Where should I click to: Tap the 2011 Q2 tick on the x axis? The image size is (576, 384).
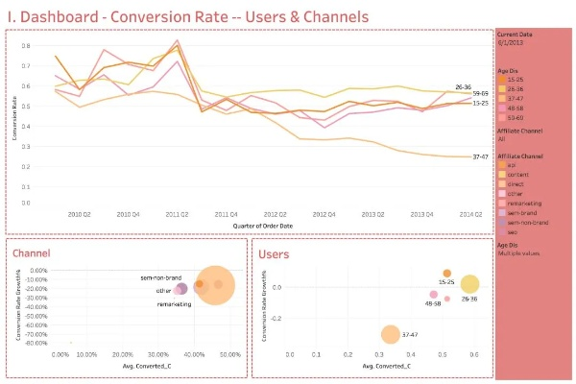tap(177, 214)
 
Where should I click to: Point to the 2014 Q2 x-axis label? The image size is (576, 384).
tap(470, 214)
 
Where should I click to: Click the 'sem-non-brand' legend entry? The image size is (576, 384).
tap(525, 221)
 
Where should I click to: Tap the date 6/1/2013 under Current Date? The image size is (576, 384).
tap(510, 42)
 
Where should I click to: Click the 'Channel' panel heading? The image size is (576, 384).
tap(34, 254)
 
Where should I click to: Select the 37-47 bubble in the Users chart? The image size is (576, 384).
tap(390, 334)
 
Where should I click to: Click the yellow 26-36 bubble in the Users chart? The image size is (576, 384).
tap(469, 284)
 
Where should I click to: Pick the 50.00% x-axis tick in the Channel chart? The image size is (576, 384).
tap(228, 355)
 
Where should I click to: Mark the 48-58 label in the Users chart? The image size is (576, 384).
tap(433, 303)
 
